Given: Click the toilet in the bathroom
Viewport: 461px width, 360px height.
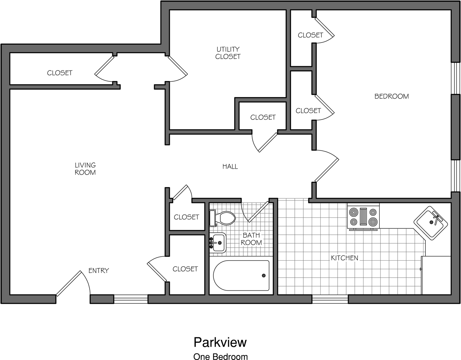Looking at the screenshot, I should [x=223, y=217].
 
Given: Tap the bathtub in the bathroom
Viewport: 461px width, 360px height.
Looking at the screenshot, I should [x=241, y=276].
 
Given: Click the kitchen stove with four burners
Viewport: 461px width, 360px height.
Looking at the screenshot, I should [x=363, y=217].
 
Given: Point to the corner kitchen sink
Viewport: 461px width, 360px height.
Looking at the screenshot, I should [x=430, y=222].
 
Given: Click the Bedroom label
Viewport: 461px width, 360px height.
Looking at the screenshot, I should [x=392, y=96].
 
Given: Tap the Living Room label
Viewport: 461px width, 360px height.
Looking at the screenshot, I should [x=85, y=169].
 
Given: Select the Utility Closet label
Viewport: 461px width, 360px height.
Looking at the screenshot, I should [x=228, y=53].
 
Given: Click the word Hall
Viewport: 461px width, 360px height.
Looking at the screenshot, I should [x=230, y=167].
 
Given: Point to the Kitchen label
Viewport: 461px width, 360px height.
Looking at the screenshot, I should [x=344, y=258].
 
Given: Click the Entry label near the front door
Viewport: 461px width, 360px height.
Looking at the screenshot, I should [x=99, y=271].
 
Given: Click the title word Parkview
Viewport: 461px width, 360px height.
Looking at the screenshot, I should [x=220, y=342].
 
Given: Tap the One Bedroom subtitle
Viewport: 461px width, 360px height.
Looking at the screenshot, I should [x=220, y=356].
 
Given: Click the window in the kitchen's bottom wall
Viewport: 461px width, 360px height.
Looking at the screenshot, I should [x=330, y=299].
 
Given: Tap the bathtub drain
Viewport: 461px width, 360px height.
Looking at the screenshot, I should [x=264, y=275].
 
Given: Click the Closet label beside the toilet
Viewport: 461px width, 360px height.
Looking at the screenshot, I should [x=186, y=217].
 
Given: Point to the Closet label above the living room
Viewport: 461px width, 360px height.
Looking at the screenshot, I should [x=60, y=73].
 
